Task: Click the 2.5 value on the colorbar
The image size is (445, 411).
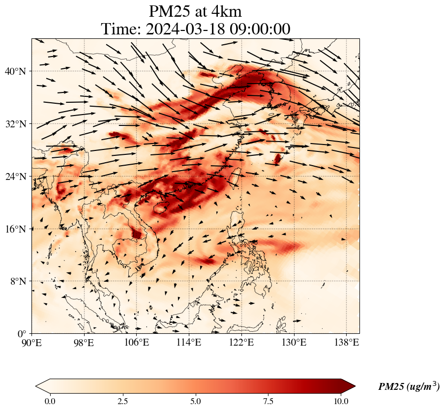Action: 123,401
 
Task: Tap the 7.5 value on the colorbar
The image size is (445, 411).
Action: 268,401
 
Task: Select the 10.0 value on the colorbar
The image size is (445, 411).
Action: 341,401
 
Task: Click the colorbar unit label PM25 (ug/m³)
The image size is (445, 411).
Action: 409,386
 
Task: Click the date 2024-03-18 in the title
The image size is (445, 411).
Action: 180,29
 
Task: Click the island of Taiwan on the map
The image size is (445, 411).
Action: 235,176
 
